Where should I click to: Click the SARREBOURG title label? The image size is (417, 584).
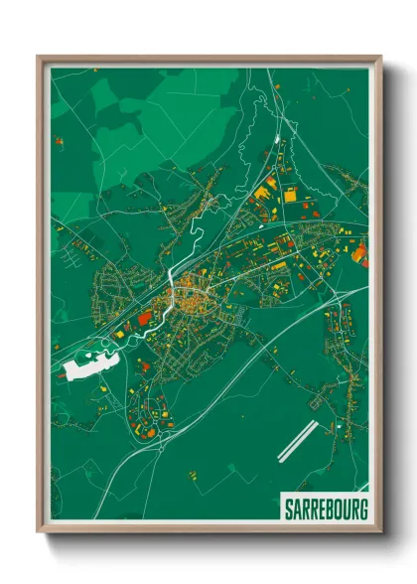point(324,510)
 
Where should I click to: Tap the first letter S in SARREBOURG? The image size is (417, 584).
point(288,510)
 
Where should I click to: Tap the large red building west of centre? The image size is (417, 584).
point(145,317)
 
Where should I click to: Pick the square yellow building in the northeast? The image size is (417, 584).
point(289,196)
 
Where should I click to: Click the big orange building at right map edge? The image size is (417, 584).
point(361,252)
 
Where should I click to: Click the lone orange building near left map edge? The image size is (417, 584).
point(59,142)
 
